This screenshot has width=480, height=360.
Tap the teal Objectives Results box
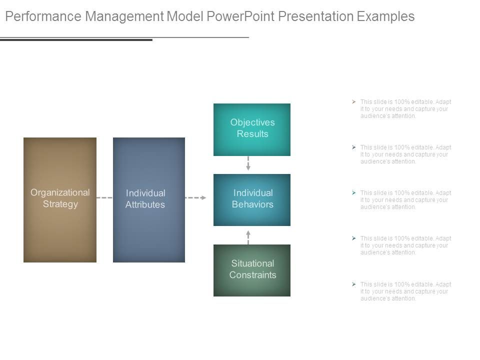tap(252, 129)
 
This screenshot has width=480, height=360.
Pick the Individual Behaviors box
tap(252, 199)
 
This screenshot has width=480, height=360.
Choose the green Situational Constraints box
tap(252, 270)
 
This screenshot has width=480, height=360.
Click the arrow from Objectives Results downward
tap(248, 164)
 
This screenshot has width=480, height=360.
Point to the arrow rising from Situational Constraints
tap(248, 236)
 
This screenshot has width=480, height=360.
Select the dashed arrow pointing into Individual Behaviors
tap(195, 198)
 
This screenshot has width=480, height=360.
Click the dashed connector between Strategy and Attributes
tap(104, 198)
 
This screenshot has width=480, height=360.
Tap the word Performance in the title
tap(43, 16)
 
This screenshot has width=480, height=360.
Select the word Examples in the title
tap(386, 16)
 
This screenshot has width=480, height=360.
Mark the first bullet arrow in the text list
tap(353, 102)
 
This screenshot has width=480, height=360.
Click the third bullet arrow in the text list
tap(353, 193)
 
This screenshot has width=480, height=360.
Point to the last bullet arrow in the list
tap(353, 284)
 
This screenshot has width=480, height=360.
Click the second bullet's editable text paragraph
tap(405, 154)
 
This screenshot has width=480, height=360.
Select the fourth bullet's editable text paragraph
tap(405, 245)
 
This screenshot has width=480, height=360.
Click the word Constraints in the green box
tap(252, 275)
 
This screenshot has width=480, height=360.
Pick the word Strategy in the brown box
tap(60, 204)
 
